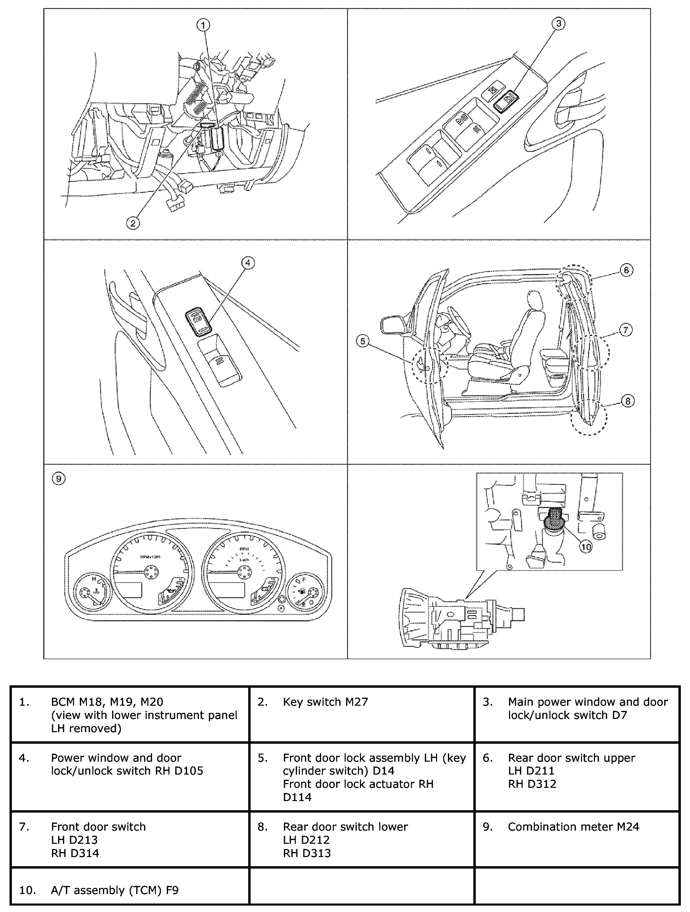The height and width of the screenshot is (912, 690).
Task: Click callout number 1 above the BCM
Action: pyautogui.click(x=203, y=25)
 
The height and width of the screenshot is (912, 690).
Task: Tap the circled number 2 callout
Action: pyautogui.click(x=132, y=223)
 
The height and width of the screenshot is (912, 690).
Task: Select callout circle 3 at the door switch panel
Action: pyautogui.click(x=558, y=24)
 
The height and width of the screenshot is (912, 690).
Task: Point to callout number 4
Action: pyautogui.click(x=248, y=263)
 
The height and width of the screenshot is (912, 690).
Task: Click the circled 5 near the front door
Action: pyautogui.click(x=362, y=341)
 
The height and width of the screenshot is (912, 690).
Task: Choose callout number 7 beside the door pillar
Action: pyautogui.click(x=625, y=330)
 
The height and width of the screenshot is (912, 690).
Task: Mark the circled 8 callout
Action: pyautogui.click(x=627, y=401)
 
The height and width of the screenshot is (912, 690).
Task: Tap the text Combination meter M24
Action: pyautogui.click(x=573, y=826)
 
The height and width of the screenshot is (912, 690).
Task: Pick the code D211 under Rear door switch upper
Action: pyautogui.click(x=541, y=771)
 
